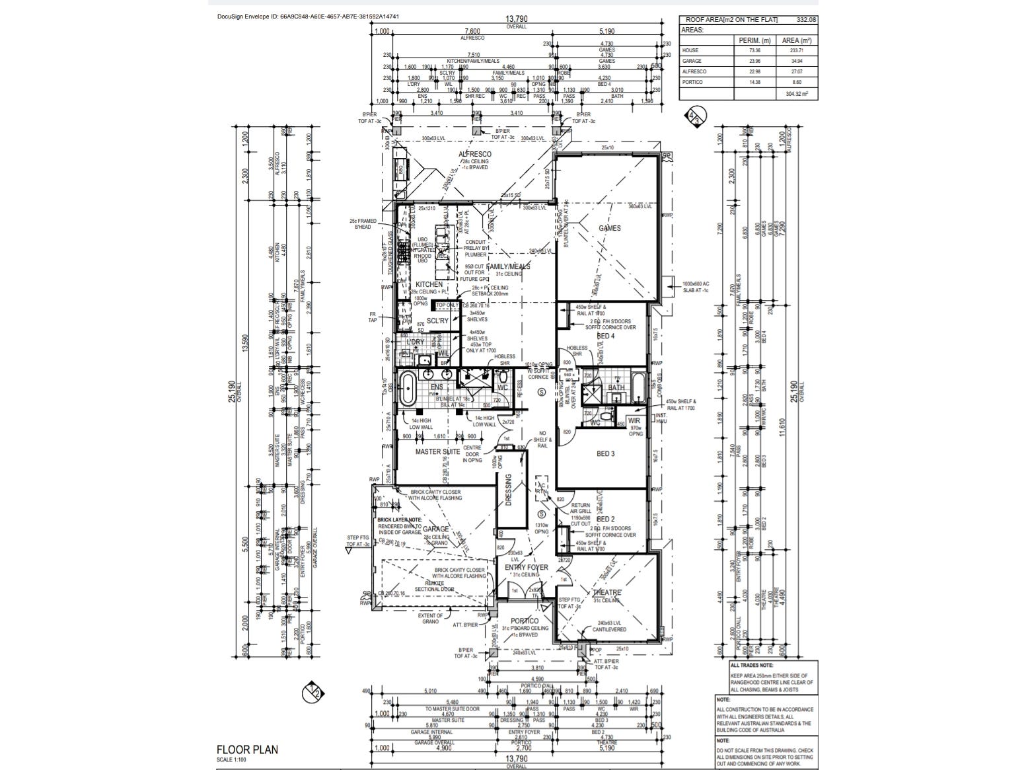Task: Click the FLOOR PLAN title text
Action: [247, 750]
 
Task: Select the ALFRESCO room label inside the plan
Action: [475, 154]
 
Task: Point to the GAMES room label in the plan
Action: [609, 228]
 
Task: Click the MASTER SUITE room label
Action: [437, 452]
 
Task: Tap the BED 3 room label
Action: [606, 454]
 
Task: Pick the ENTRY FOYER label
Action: [527, 567]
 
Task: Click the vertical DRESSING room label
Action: [508, 490]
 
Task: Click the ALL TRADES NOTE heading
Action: [752, 666]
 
